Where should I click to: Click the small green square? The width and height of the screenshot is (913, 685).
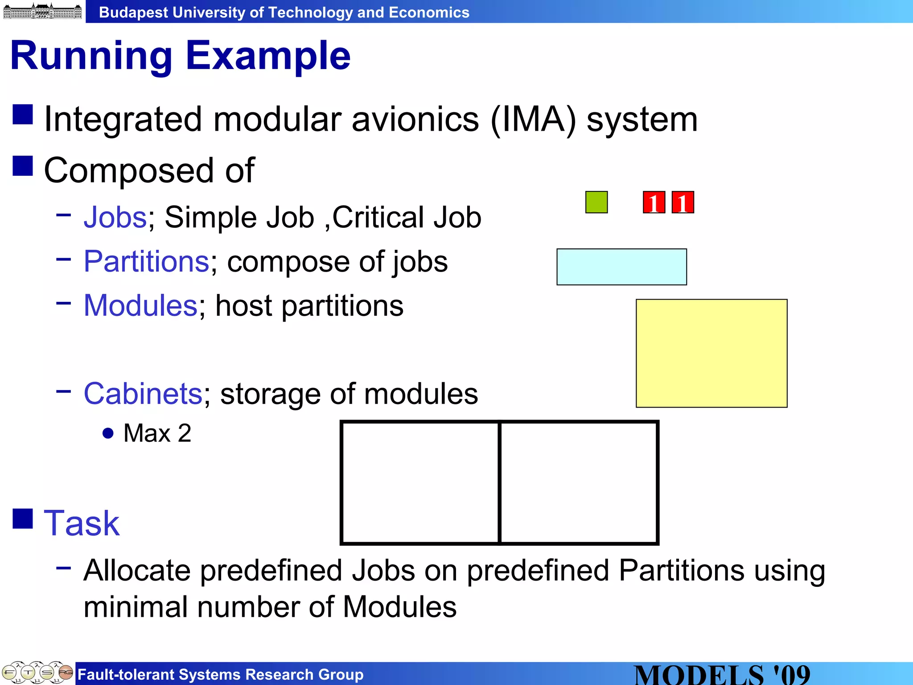click(596, 202)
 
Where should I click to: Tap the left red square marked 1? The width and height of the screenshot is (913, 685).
click(654, 202)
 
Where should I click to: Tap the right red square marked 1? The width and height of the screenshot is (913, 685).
click(683, 202)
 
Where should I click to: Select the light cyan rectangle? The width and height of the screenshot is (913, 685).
click(621, 267)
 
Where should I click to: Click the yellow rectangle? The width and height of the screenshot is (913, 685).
click(711, 353)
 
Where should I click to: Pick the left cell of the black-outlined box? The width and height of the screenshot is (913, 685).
click(420, 483)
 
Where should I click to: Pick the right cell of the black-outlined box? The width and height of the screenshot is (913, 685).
click(579, 483)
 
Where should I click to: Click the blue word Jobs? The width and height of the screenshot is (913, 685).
click(115, 218)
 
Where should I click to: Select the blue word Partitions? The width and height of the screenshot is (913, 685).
click(146, 262)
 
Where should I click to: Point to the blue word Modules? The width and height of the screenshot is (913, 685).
click(140, 306)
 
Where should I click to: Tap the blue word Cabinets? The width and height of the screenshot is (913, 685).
click(143, 394)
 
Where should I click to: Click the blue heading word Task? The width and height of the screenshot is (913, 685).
click(82, 523)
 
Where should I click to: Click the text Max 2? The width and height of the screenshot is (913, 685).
click(157, 433)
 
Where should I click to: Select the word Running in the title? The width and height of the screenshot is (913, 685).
click(91, 57)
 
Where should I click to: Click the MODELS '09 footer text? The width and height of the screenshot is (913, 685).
click(722, 674)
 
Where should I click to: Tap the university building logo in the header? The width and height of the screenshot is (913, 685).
click(42, 11)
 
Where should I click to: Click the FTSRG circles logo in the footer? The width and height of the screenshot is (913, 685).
click(37, 673)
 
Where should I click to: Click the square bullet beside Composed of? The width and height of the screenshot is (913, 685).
click(23, 166)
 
